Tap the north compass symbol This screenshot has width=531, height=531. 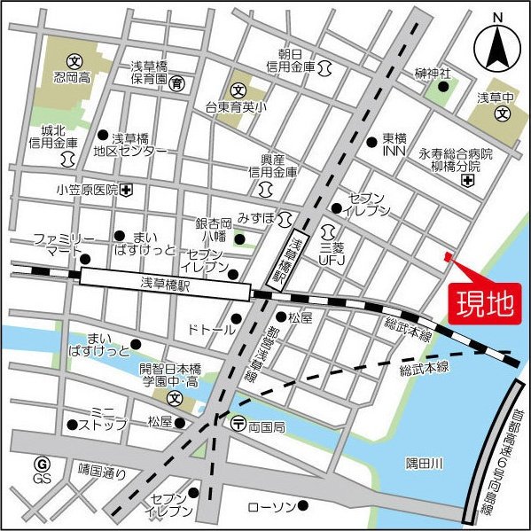coord(497,49)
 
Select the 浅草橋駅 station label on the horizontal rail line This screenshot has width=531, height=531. coord(166,285)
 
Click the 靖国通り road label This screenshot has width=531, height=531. coord(102,472)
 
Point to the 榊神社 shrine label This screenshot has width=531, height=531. coord(433,73)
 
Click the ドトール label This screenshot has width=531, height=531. coord(211,330)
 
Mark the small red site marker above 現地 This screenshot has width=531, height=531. coord(448,258)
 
